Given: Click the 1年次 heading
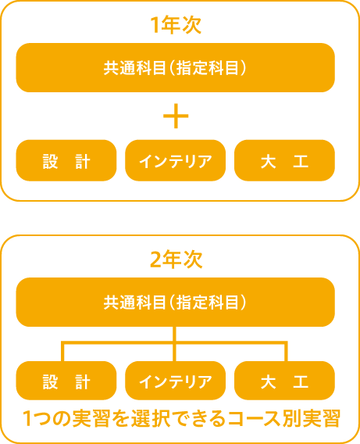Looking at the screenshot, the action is point(176,25).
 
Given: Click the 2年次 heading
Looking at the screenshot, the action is point(176,259).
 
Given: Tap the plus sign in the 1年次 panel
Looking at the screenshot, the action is point(176,116).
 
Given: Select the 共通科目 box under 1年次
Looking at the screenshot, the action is point(176,68).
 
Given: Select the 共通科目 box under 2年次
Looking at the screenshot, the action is point(176,303).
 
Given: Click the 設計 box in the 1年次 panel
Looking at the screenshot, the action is point(66,160).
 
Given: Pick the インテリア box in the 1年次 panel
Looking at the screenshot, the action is point(176,160).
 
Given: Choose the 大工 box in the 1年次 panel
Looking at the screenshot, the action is point(284,160).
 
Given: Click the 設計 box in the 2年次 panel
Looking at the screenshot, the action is point(66,381).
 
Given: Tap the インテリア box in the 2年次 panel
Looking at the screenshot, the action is point(176,381).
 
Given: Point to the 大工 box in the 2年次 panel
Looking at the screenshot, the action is point(284,381).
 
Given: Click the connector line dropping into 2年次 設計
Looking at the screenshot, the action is point(62,352).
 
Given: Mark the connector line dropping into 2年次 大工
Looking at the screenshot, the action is point(286,352).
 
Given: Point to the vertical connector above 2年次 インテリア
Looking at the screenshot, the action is point(174,344).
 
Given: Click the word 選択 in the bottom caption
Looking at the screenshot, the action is point(151,418).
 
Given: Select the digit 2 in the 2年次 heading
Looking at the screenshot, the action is point(156,260).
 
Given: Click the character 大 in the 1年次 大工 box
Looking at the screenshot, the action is point(268,161).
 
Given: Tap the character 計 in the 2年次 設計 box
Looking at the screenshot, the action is point(83,381).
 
